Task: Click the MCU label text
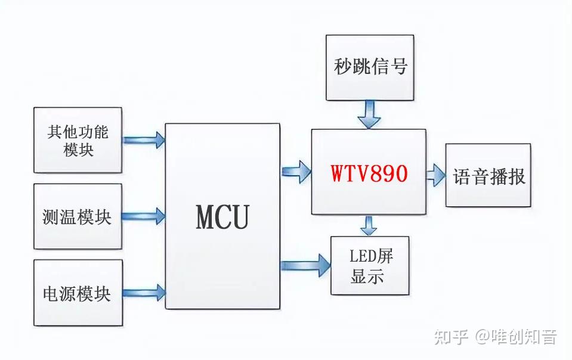tap(222, 217)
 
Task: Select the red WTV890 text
tap(369, 173)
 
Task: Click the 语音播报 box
tap(488, 175)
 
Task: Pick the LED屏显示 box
tap(370, 265)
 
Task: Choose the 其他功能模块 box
tap(78, 140)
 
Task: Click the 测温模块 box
tap(78, 216)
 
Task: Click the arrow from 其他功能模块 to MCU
tap(144, 140)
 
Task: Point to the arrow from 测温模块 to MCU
tap(144, 216)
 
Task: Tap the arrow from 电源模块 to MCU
tap(144, 292)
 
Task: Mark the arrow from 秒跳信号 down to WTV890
tap(370, 114)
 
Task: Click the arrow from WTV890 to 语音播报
tap(435, 175)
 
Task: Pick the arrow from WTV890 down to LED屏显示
tap(370, 225)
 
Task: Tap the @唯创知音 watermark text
tap(517, 337)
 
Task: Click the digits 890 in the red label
tap(388, 173)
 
